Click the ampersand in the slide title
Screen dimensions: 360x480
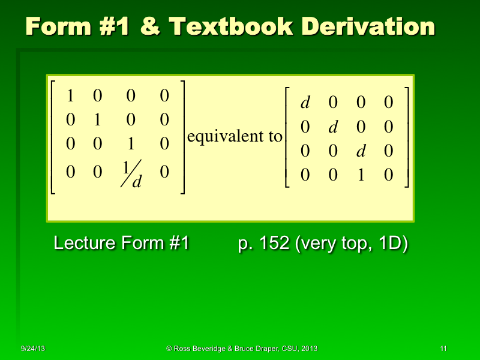coord(149,27)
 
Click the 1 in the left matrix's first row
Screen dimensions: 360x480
coord(70,95)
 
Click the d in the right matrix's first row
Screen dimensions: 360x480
coord(305,103)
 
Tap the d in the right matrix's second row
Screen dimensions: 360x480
coord(334,127)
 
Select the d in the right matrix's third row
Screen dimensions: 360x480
coord(361,151)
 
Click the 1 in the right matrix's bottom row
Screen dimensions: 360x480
coord(361,175)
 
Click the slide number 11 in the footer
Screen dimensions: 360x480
coord(443,349)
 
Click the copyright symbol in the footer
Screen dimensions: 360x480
coord(169,349)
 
